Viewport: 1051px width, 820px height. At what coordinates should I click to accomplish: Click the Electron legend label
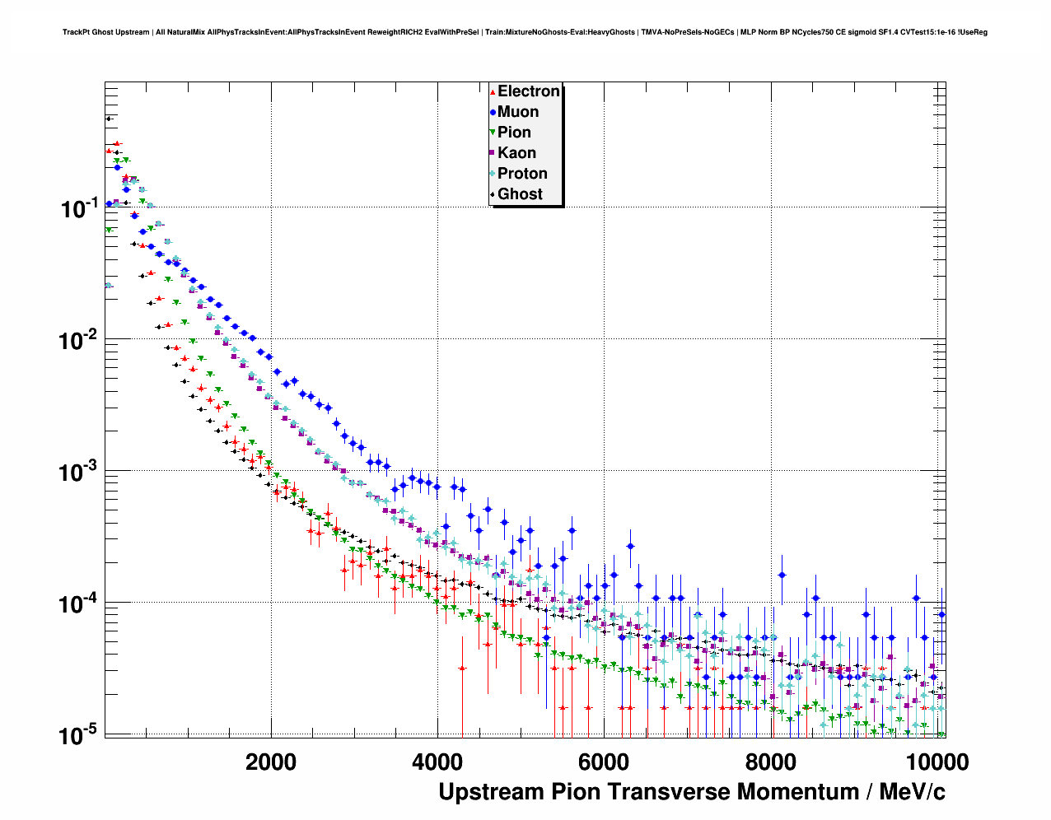coord(529,91)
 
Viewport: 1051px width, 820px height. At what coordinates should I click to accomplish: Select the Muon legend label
coord(518,112)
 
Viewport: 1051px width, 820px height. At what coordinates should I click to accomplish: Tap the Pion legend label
coord(514,133)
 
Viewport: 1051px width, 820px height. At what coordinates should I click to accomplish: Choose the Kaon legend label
coord(516,153)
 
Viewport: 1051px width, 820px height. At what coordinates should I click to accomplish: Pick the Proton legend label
coord(522,174)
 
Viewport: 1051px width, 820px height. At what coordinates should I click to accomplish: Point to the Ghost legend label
coord(520,194)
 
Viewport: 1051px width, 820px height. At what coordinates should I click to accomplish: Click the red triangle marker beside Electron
coord(493,92)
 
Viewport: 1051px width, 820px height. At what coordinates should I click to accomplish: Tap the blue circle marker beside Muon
coord(493,112)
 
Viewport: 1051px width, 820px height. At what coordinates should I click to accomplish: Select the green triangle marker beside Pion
coord(493,133)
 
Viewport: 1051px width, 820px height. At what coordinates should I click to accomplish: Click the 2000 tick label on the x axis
coord(271,762)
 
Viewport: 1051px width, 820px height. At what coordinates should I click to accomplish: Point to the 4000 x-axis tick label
coord(437,762)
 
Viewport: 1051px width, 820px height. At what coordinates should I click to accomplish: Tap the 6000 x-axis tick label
coord(604,762)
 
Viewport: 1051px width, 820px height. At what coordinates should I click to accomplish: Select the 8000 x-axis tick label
coord(770,762)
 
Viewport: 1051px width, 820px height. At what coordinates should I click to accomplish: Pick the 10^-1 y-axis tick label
coord(80,208)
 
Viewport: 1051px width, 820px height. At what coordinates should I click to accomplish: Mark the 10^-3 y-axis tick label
coord(80,472)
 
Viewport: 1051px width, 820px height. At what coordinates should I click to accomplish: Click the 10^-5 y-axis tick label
coord(80,735)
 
